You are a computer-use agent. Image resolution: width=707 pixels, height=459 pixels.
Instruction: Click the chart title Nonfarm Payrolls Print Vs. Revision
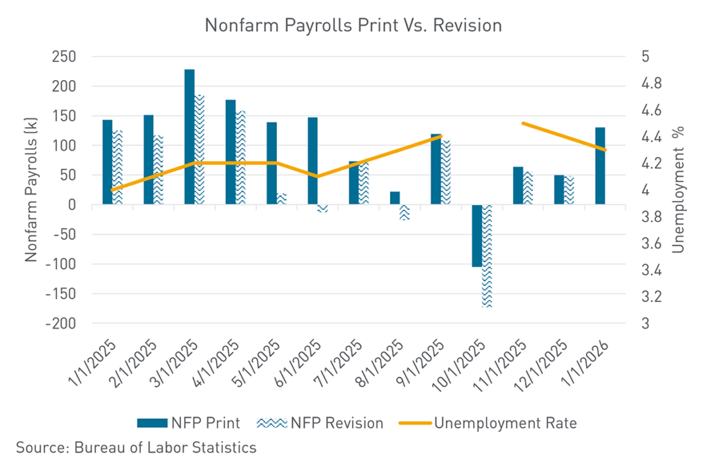click(353, 26)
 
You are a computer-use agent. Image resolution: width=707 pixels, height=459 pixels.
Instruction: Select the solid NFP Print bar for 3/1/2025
click(189, 136)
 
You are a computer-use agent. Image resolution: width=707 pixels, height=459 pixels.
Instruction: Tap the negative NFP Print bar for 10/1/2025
click(476, 235)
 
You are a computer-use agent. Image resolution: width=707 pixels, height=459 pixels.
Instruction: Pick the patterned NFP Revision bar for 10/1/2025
click(487, 255)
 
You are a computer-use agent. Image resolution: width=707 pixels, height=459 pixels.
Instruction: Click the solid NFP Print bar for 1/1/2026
click(600, 166)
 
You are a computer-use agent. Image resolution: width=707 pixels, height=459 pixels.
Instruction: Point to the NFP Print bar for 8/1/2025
click(394, 198)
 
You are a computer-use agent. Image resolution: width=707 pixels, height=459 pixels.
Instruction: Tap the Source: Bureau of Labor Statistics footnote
click(136, 447)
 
